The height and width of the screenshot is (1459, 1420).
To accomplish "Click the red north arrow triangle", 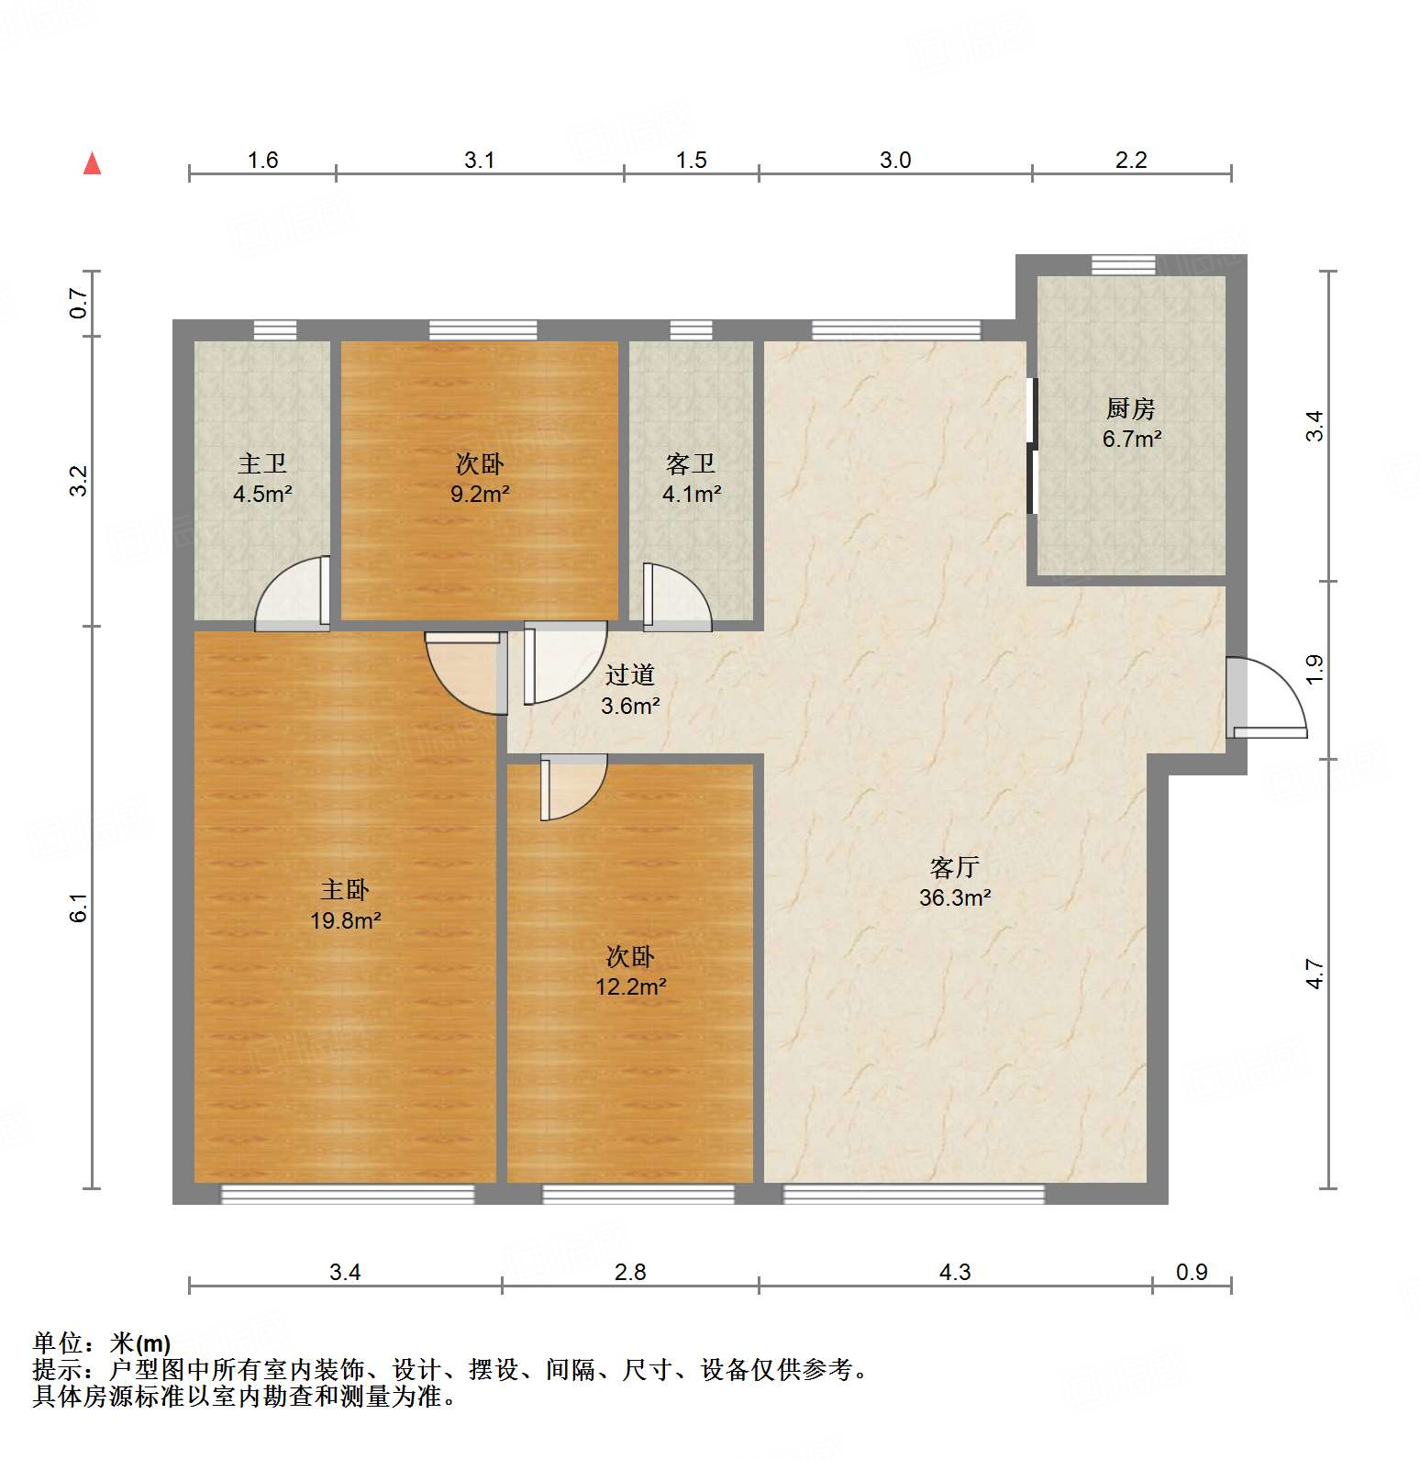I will [92, 164].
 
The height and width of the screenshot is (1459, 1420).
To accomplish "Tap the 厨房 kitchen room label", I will [1130, 408].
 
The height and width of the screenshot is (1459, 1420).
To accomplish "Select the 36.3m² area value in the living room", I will [954, 898].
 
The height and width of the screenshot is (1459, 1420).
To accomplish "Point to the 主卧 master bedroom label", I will [345, 889].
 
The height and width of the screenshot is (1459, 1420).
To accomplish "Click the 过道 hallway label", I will [629, 675].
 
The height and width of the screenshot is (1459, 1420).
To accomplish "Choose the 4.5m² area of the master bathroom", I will [262, 495].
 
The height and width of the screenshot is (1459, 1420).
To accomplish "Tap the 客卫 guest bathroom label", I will [691, 464].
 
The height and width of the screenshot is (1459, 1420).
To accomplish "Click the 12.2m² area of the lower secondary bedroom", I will [630, 987].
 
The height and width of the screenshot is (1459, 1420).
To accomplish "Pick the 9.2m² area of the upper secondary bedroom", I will [479, 495].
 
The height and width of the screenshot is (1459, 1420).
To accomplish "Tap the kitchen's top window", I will [1123, 264].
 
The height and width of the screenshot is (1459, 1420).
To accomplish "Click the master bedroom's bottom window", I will [348, 1194].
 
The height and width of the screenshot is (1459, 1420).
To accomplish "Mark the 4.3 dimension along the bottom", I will [954, 1272].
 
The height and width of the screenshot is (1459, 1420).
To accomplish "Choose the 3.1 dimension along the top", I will [479, 161].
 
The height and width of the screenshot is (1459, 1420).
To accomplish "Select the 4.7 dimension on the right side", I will [1315, 973].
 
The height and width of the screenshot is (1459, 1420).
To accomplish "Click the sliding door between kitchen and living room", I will [1032, 446].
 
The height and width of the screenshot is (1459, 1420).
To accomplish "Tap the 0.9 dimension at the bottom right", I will [1192, 1272].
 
